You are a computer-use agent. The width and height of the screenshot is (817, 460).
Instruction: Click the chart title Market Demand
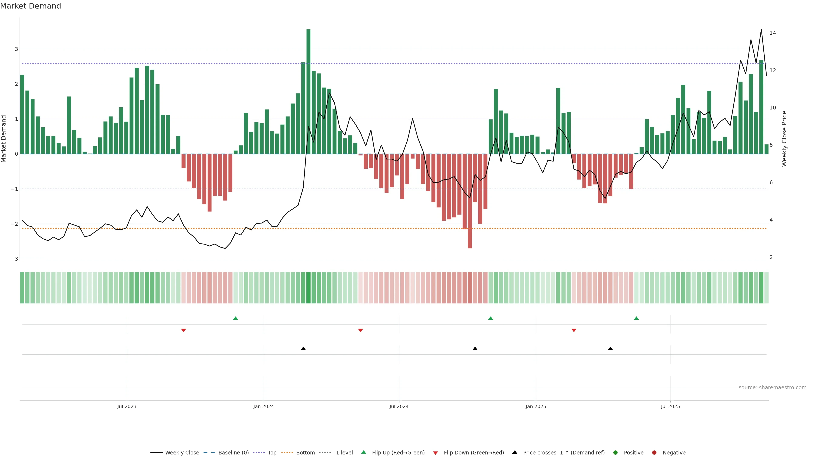coord(30,6)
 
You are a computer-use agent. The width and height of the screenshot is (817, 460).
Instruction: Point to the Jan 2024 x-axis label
coord(264,406)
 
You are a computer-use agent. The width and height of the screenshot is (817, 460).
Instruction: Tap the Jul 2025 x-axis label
coord(670,406)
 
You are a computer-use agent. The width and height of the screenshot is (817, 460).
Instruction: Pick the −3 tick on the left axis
coord(15,259)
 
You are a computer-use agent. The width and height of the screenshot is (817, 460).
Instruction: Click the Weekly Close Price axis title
coord(784,139)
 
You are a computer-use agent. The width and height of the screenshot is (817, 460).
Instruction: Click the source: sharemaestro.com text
coord(772,388)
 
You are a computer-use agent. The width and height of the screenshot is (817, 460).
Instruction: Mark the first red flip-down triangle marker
coord(183,331)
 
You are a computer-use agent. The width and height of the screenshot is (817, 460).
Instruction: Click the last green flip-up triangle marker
coord(636,318)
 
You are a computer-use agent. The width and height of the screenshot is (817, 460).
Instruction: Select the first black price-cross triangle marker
coord(303,349)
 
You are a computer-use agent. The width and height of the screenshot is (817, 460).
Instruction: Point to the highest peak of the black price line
coord(761,30)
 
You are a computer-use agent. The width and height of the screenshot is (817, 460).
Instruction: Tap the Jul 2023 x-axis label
coord(127,406)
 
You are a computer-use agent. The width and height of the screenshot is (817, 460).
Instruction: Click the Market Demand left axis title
coord(4,139)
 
